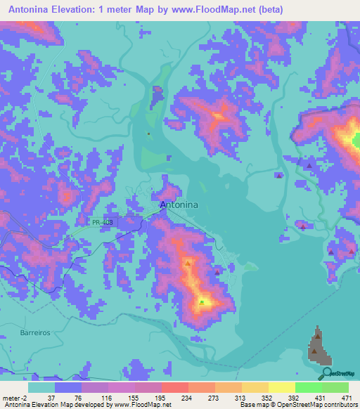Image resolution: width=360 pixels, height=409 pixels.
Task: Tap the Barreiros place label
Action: click(34, 332)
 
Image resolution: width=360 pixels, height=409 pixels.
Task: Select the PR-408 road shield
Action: click(101, 223)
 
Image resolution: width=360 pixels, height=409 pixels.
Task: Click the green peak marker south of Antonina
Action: click(202, 302)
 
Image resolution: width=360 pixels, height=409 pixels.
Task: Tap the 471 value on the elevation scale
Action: click(347, 397)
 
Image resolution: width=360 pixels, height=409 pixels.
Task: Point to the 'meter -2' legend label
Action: click(14, 397)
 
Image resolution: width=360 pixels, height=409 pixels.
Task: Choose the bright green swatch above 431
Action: click(308, 387)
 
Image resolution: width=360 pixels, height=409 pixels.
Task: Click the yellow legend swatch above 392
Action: click(281, 387)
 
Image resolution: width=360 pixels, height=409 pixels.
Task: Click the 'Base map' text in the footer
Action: click(252, 404)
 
